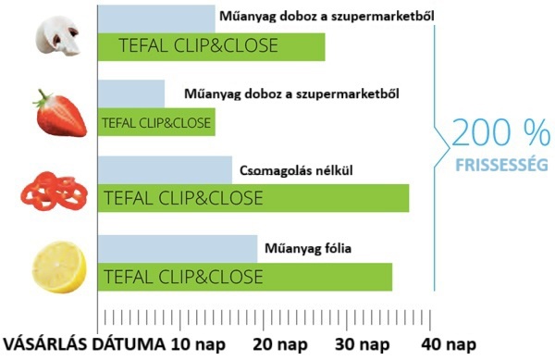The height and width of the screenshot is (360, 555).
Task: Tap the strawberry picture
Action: [58, 111]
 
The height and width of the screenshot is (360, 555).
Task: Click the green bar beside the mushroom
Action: [211, 47]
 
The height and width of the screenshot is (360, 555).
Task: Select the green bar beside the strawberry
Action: [156, 122]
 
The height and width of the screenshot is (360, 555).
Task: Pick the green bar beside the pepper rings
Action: [253, 198]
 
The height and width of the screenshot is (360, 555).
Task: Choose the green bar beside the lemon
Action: [244, 277]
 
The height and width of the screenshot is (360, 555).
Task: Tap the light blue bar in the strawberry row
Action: [130, 93]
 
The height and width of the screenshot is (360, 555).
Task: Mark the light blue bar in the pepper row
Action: [165, 169]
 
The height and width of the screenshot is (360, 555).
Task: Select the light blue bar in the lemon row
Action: [177, 248]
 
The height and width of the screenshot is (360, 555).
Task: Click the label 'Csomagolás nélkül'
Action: [296, 170]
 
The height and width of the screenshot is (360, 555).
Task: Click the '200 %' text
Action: [500, 135]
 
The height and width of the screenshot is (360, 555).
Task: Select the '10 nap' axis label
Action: [201, 345]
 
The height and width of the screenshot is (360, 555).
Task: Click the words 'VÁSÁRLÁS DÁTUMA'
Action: [85, 345]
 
